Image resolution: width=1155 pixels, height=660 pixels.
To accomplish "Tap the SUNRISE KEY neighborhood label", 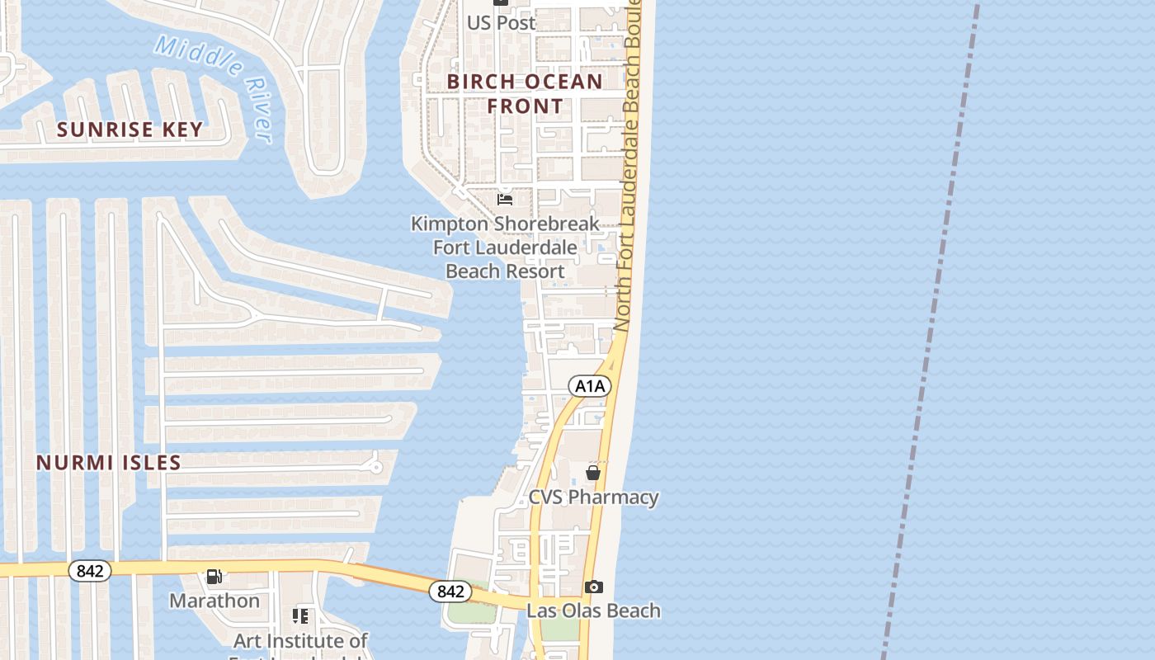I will pyautogui.click(x=130, y=130).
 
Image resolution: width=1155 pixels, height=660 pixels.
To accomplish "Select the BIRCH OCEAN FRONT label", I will pyautogui.click(x=525, y=93).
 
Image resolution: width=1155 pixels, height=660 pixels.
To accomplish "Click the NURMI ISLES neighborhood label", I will pyautogui.click(x=108, y=462).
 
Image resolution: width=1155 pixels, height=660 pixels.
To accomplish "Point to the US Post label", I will pyautogui.click(x=502, y=23).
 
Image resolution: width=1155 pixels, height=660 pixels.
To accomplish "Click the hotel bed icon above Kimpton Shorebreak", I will pyautogui.click(x=505, y=199).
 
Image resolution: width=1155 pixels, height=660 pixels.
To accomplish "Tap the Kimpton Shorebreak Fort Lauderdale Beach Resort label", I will pyautogui.click(x=505, y=247).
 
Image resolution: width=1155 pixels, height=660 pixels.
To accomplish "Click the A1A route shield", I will pyautogui.click(x=590, y=385).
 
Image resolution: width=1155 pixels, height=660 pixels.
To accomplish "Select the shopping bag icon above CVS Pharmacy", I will pyautogui.click(x=592, y=473).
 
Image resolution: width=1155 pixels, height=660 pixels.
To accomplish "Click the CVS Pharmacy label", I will pyautogui.click(x=593, y=497).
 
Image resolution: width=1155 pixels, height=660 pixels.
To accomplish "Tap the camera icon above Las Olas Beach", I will pyautogui.click(x=593, y=587).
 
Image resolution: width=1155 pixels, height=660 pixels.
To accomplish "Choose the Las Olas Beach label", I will pyautogui.click(x=593, y=610).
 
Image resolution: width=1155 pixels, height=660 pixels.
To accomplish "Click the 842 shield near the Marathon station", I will pyautogui.click(x=89, y=571).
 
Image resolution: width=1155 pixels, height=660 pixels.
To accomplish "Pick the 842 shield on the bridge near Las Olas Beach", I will pyautogui.click(x=450, y=591).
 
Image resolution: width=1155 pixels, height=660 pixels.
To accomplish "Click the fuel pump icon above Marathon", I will pyautogui.click(x=214, y=576).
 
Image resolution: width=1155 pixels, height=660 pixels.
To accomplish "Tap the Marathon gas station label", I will pyautogui.click(x=214, y=601).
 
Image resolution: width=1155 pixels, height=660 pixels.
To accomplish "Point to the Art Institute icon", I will pyautogui.click(x=300, y=616).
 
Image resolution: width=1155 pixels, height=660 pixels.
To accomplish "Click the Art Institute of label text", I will pyautogui.click(x=300, y=640).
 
